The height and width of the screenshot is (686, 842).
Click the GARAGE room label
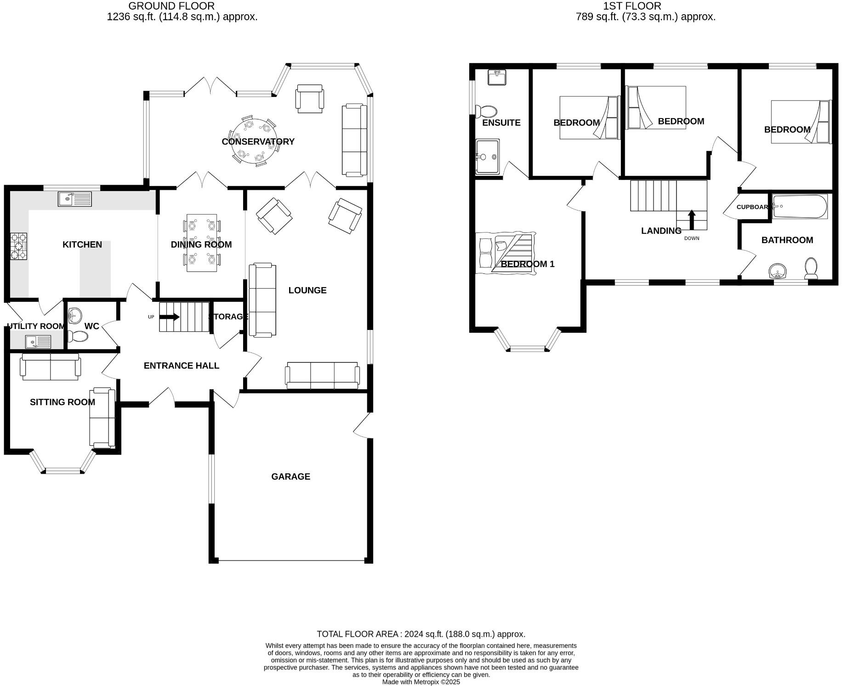290,476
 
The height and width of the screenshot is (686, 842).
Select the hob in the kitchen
18,246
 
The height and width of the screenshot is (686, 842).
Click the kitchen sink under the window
75,199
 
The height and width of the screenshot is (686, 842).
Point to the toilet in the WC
78,337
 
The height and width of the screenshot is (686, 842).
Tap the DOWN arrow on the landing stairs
691,219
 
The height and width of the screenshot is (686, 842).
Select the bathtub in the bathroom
800,206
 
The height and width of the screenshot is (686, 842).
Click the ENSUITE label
501,123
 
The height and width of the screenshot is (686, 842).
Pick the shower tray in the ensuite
488,157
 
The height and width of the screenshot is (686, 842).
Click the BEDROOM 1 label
527,264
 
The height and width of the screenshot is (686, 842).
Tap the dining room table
201,243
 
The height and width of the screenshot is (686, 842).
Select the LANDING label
661,231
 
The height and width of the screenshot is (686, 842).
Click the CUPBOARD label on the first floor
752,207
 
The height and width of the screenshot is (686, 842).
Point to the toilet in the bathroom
811,269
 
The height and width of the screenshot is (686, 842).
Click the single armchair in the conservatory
310,98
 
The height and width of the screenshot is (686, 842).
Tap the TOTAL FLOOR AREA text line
421,634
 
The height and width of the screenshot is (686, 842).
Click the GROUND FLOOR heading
171,6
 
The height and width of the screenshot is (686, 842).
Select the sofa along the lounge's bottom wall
322,375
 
